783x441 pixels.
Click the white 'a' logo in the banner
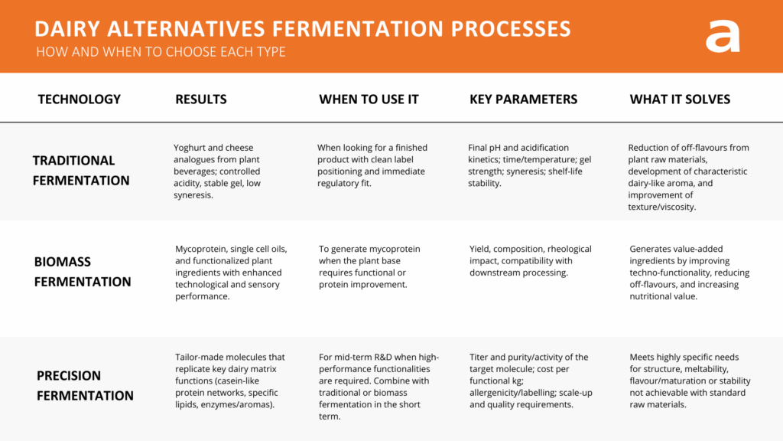(723, 35)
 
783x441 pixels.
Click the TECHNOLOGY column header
(80, 100)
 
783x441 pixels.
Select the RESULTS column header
(201, 100)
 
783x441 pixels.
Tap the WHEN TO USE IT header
(369, 100)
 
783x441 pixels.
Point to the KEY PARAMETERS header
(523, 100)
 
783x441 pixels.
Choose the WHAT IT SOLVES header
(680, 100)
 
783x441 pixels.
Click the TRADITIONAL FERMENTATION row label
(80, 171)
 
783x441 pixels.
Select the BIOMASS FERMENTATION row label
(82, 272)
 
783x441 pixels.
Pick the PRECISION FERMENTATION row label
(85, 386)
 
